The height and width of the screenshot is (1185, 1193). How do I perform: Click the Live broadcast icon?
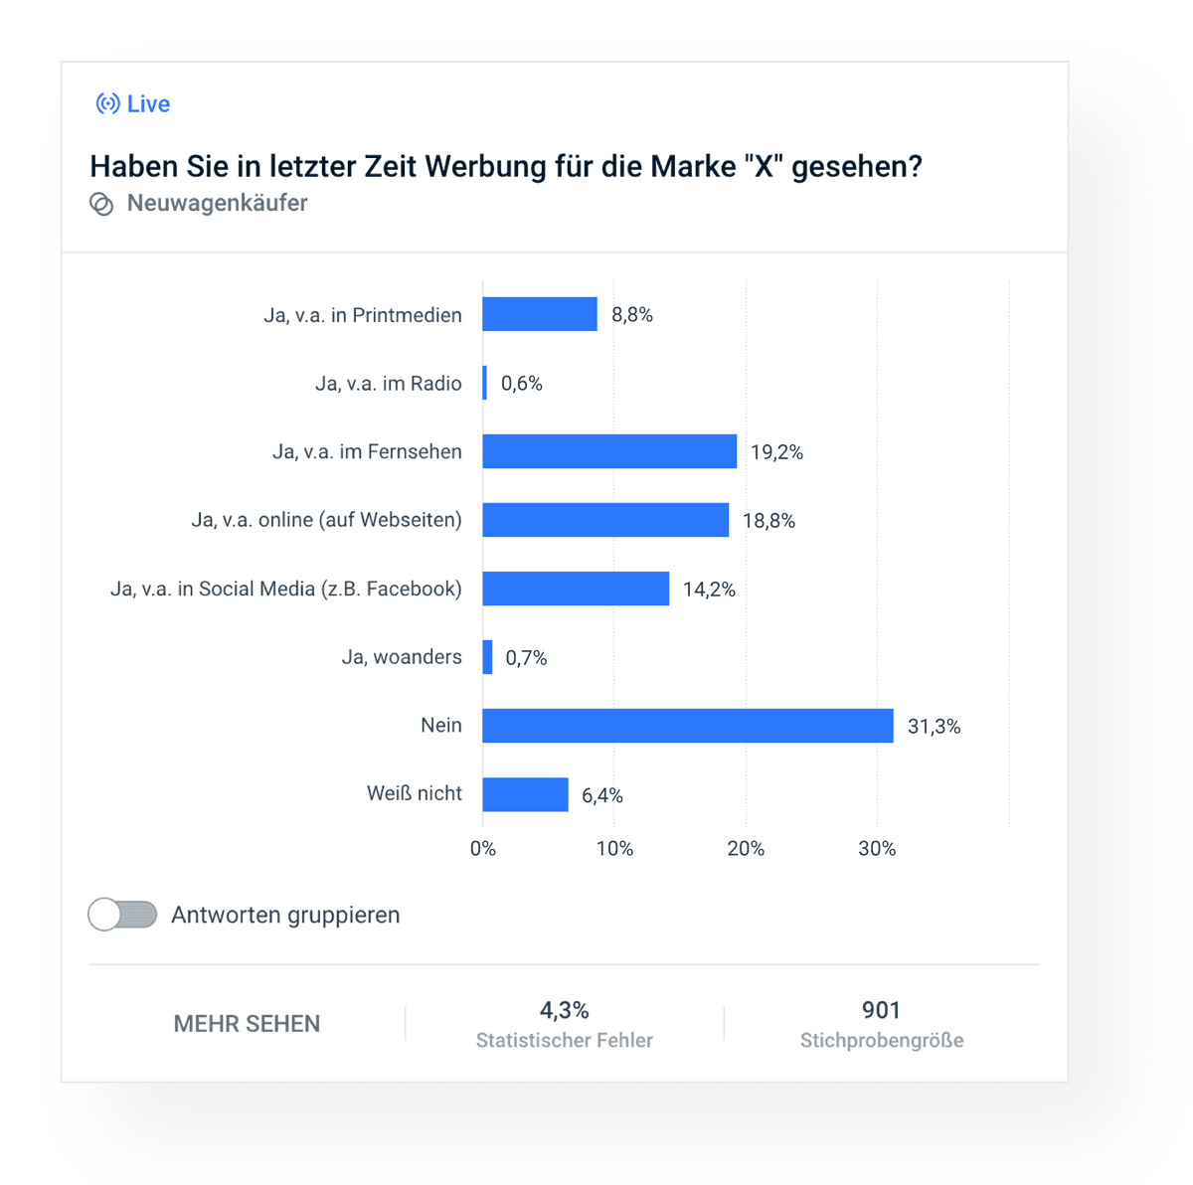107,103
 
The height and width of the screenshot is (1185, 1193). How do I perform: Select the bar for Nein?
687,726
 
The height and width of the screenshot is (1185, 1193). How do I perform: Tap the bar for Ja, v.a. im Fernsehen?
608,451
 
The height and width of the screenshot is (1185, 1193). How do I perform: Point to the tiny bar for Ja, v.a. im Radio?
485,383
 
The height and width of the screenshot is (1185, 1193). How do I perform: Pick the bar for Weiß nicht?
525,794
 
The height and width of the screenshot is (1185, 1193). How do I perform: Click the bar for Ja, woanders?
487,657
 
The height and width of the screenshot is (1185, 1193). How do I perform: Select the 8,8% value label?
632,315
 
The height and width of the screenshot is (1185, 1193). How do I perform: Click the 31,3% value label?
934,727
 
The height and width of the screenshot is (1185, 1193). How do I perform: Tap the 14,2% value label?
709,590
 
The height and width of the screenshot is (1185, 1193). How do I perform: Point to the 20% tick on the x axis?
746,849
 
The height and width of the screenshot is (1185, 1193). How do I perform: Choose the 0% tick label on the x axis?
483,849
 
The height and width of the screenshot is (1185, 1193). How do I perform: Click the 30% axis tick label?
877,849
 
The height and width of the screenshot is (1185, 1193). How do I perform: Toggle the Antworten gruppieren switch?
122,915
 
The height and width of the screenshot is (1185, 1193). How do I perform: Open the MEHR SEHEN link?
247,1024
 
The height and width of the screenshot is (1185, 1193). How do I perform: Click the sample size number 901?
881,1011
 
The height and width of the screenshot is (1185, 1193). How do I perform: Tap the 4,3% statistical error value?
564,1011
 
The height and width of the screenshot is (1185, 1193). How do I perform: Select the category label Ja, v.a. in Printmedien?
363,315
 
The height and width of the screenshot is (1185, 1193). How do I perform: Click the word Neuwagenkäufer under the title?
217,203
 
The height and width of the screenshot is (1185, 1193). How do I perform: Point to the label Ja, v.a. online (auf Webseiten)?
326,520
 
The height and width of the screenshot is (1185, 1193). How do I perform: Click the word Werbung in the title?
481,166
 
